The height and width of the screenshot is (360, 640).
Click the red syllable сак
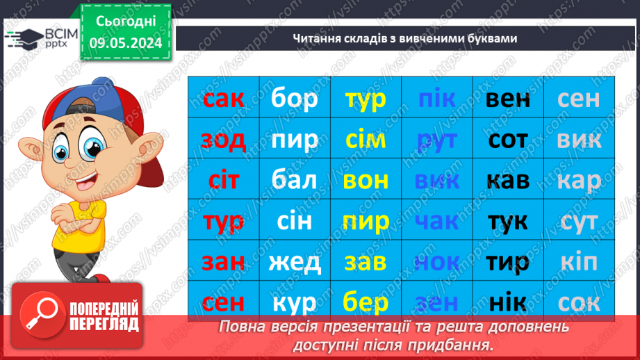click(x=223, y=99)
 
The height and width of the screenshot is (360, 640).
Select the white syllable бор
click(x=295, y=99)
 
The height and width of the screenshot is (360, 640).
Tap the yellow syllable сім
click(x=366, y=140)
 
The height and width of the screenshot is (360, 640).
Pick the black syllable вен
click(x=508, y=99)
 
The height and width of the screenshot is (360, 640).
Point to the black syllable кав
click(x=508, y=181)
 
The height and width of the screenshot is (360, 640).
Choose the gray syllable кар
click(x=579, y=181)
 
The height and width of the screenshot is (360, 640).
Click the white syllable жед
click(x=295, y=262)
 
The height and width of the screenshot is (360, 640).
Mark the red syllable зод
click(x=223, y=140)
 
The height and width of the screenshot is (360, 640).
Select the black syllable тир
click(x=508, y=262)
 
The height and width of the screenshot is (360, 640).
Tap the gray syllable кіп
click(x=579, y=262)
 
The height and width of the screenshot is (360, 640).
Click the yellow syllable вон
click(x=366, y=181)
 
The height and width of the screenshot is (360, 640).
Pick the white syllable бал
click(x=295, y=181)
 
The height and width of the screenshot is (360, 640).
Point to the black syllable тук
click(x=508, y=222)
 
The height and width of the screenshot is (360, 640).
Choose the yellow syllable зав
click(x=366, y=262)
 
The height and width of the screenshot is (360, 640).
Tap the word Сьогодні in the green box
click(x=126, y=22)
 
